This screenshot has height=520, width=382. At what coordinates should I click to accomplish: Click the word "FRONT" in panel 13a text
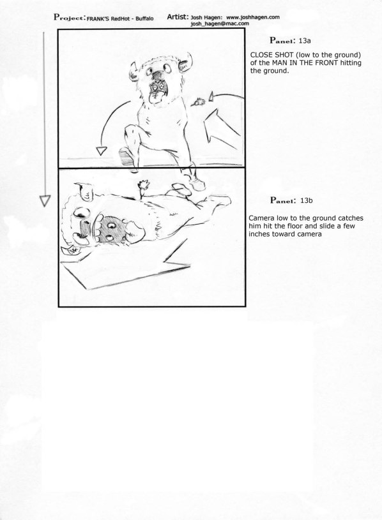(x=331, y=63)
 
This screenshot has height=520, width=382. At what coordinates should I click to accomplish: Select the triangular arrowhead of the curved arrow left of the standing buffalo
(x=100, y=151)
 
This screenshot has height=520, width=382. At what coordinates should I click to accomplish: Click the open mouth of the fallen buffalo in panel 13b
(x=96, y=225)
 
